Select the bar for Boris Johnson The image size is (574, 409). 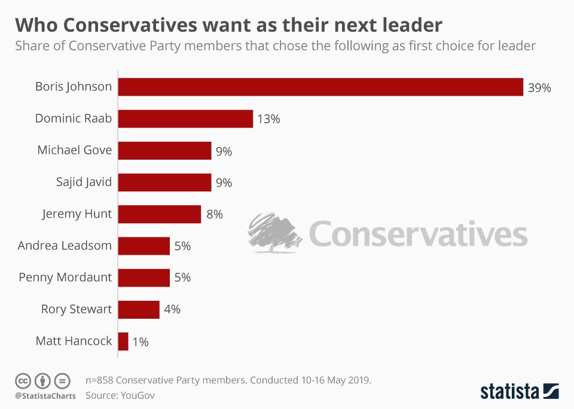(x=320, y=87)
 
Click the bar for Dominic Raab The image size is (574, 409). (x=185, y=118)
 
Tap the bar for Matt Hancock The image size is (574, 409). (x=124, y=341)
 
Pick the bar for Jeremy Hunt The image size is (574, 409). (x=160, y=214)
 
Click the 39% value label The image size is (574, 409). (x=539, y=88)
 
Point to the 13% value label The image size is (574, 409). (x=268, y=119)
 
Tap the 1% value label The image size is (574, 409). (x=141, y=342)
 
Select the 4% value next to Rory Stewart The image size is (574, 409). (x=172, y=310)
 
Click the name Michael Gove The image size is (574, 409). (x=74, y=150)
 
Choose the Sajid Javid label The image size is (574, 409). (x=84, y=182)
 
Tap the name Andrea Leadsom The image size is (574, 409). (x=65, y=245)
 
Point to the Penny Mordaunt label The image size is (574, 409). (x=65, y=277)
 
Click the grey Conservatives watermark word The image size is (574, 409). (x=419, y=234)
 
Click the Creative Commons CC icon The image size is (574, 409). (x=23, y=380)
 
